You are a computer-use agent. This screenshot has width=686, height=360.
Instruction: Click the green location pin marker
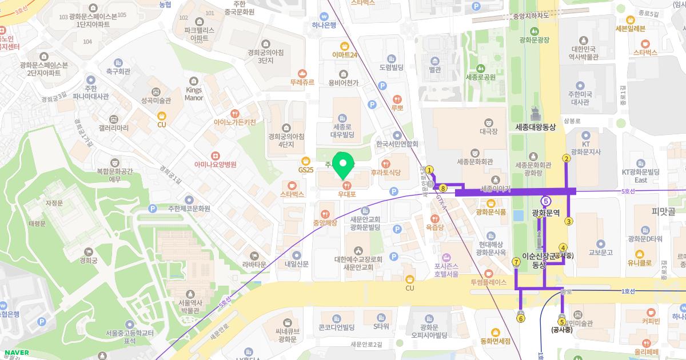[x=343, y=165]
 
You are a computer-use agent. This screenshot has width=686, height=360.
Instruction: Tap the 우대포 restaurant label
[x=346, y=194]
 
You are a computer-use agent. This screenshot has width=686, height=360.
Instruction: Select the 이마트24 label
[x=345, y=55]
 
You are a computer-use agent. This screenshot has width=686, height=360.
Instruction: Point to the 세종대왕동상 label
[x=535, y=127]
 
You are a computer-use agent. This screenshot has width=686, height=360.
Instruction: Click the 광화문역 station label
[x=546, y=213]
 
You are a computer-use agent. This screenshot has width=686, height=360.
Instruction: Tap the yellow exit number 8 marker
[x=443, y=187]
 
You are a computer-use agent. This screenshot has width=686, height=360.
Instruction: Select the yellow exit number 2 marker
[x=566, y=159]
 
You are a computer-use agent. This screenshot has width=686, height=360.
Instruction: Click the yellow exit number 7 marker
[x=516, y=262]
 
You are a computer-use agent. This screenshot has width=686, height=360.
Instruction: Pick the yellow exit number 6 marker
[x=520, y=319]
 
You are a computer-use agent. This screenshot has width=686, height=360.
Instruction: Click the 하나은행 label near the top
[x=324, y=25]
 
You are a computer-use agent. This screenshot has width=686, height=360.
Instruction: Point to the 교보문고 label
[x=600, y=252]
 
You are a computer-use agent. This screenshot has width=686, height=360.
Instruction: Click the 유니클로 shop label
[x=640, y=263]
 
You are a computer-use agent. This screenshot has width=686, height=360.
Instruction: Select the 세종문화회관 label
[x=474, y=162]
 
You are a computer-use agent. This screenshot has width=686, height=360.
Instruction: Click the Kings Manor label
[x=194, y=94]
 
